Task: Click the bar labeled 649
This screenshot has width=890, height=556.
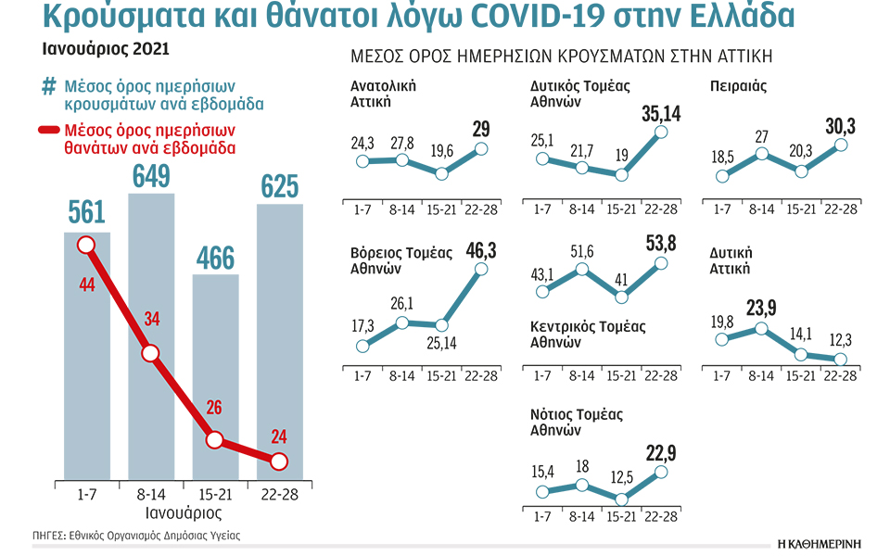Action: tap(151, 334)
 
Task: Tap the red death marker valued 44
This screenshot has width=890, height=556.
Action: tap(86, 245)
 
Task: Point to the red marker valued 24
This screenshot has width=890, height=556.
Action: tap(279, 461)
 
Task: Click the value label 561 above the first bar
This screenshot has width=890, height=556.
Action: tap(86, 214)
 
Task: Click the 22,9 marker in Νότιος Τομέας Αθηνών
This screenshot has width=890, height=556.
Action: tap(661, 472)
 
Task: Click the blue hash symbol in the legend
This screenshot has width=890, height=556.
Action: tap(49, 87)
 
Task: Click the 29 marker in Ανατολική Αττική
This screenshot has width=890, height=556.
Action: tap(480, 147)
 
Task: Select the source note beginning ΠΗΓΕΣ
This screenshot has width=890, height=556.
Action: tap(129, 536)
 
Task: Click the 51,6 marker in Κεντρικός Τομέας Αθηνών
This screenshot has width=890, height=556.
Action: tap(581, 270)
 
